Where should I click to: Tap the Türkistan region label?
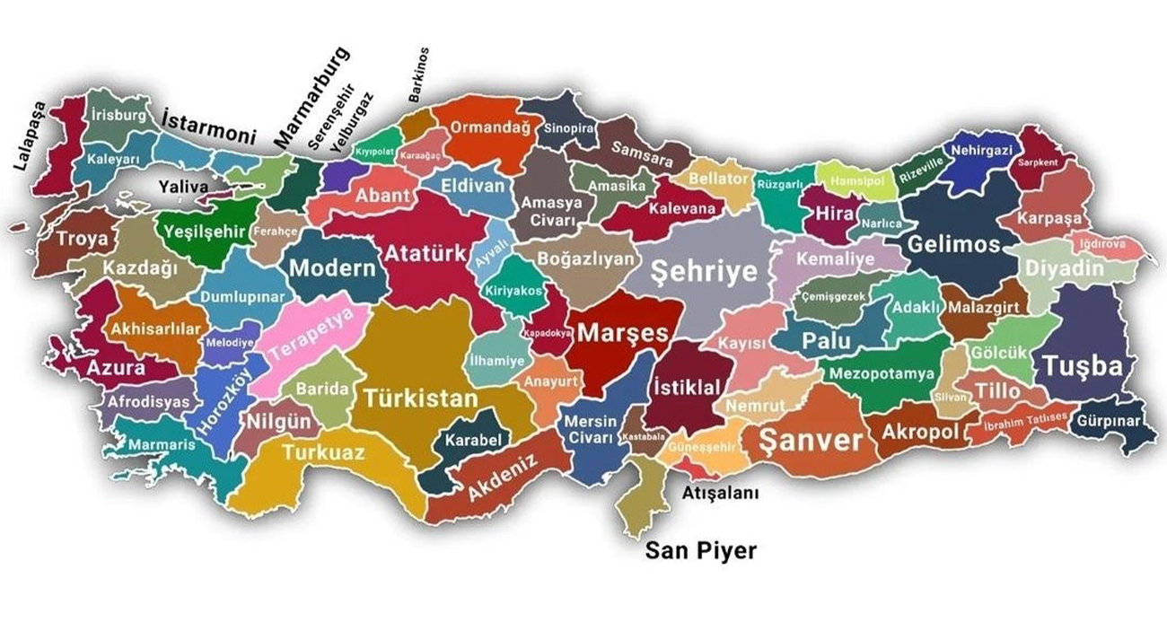pyautogui.click(x=419, y=399)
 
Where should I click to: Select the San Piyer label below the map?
pyautogui.click(x=701, y=550)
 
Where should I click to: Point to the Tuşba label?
pyautogui.click(x=1082, y=365)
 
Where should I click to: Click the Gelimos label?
pyautogui.click(x=953, y=244)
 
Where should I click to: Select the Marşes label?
pyautogui.click(x=622, y=333)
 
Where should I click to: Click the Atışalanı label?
pyautogui.click(x=721, y=493)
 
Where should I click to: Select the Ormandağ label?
pyautogui.click(x=489, y=127)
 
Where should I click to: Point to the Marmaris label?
pyautogui.click(x=161, y=444)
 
